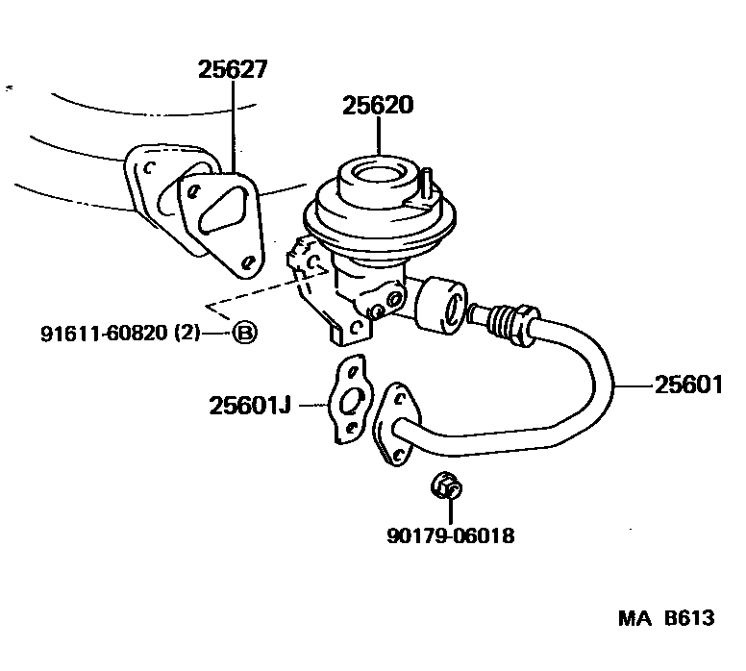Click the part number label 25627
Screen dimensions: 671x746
(233, 69)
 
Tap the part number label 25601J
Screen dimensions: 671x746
(249, 406)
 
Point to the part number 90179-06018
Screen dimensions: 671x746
(450, 535)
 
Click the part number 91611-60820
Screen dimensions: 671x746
(106, 334)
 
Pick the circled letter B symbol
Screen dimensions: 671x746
(245, 334)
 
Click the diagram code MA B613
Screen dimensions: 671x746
(665, 617)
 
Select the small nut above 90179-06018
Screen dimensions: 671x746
(446, 487)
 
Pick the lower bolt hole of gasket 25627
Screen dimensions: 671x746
(248, 260)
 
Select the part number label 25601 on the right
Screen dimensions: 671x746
(687, 385)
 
